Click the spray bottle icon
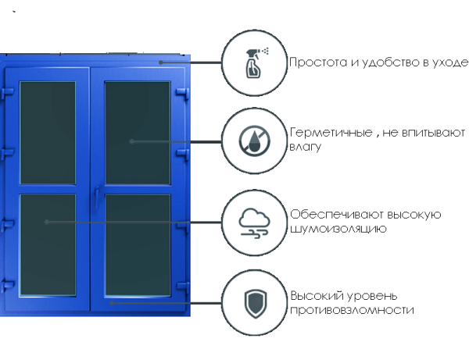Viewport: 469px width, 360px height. (x=254, y=62)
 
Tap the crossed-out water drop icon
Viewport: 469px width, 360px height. (x=254, y=141)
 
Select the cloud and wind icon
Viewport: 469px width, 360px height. (x=254, y=223)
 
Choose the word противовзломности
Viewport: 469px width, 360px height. (x=352, y=310)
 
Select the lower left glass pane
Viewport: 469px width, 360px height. (x=48, y=242)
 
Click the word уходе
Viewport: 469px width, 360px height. (x=451, y=62)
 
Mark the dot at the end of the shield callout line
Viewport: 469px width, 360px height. (x=110, y=303)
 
